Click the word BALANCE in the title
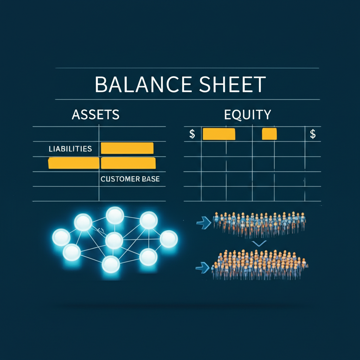click(143, 84)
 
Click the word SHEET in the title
click(232, 84)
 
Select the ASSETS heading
click(96, 114)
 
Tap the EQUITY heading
click(247, 114)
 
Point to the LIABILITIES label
click(70, 149)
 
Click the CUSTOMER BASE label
click(130, 179)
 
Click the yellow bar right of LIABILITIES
click(127, 148)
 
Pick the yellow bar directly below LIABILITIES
click(74, 163)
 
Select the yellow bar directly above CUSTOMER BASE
click(128, 163)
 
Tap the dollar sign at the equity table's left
click(192, 134)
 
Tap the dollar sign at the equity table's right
click(313, 134)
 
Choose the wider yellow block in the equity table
click(219, 134)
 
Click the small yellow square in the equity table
click(269, 134)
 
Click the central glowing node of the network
click(114, 240)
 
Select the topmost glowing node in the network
click(115, 216)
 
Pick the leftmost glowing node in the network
click(61, 237)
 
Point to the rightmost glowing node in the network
click(169, 239)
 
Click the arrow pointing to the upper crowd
click(204, 223)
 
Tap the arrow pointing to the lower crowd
click(203, 268)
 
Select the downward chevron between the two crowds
click(259, 243)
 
